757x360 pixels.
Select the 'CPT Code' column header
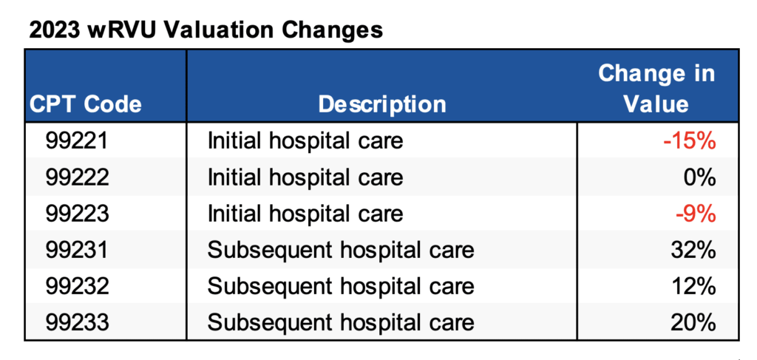pyautogui.click(x=85, y=104)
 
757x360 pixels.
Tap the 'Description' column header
pyautogui.click(x=382, y=104)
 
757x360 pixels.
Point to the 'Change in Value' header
pyautogui.click(x=656, y=88)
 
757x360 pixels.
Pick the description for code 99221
pyautogui.click(x=305, y=140)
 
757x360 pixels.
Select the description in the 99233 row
pyautogui.click(x=340, y=322)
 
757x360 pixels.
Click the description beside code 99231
pyautogui.click(x=340, y=250)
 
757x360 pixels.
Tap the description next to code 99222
pyautogui.click(x=305, y=177)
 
